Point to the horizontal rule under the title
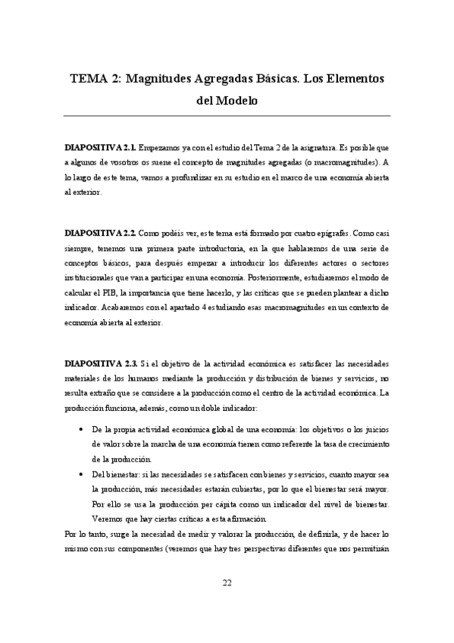coord(227,115)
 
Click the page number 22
coord(227,582)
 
